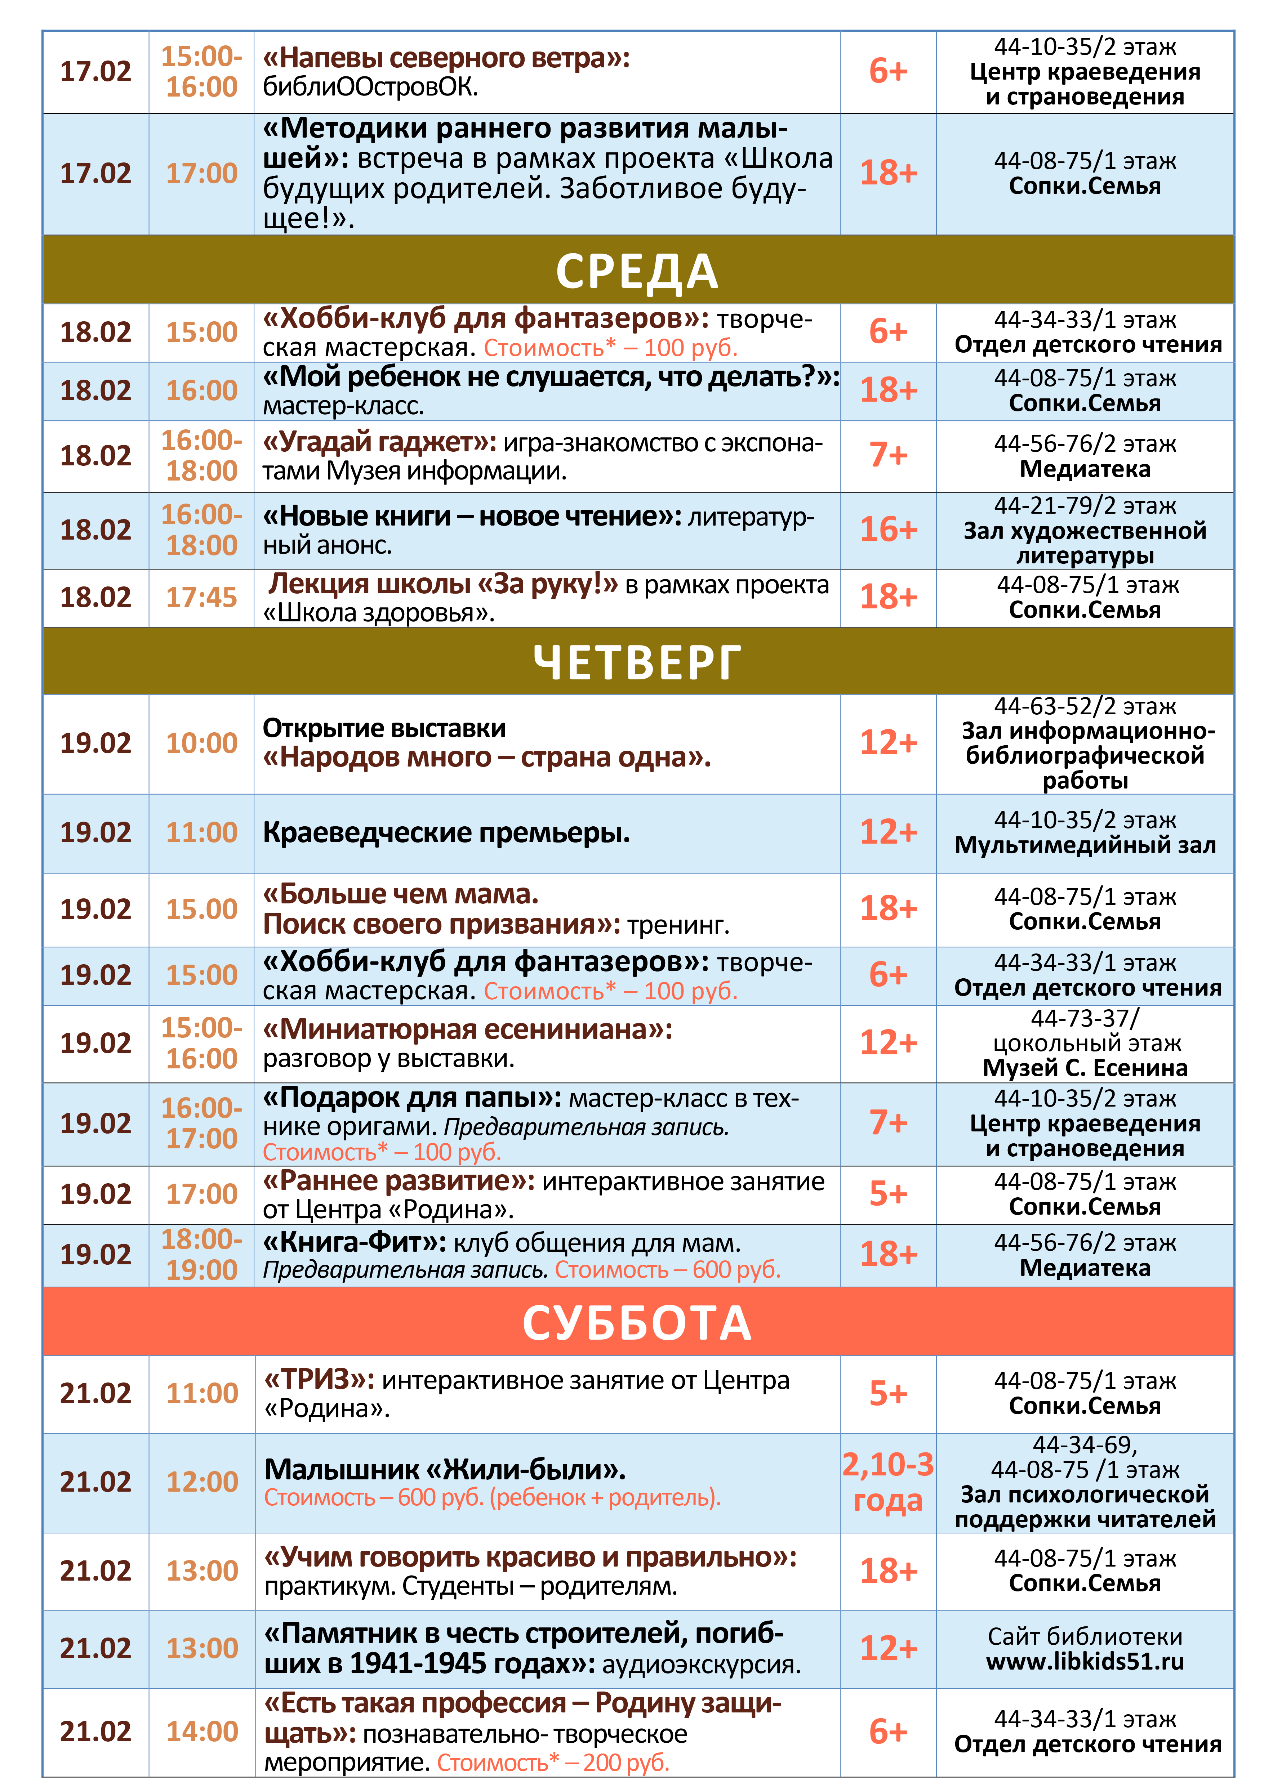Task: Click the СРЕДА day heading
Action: (637, 271)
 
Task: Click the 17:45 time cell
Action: (201, 597)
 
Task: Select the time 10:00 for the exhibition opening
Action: (201, 743)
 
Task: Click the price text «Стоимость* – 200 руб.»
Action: (553, 1762)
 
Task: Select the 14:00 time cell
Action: (201, 1732)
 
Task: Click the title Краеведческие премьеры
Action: (446, 833)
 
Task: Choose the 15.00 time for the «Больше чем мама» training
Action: (201, 909)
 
